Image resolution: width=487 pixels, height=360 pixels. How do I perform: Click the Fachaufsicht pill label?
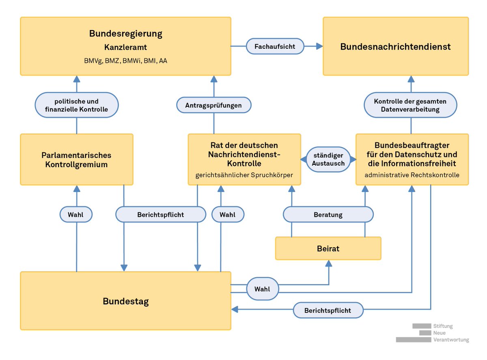tap(275, 46)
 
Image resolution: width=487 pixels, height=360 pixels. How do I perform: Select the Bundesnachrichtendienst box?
tap(396, 46)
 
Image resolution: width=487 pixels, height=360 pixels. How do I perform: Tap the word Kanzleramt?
tap(125, 47)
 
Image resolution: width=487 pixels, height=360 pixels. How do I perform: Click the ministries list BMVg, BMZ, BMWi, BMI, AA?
tap(125, 60)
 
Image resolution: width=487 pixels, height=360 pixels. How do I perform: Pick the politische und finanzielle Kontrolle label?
tap(77, 105)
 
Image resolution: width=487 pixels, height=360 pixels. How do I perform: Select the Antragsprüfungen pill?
tap(213, 105)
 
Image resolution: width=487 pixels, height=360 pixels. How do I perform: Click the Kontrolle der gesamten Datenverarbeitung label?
tap(410, 105)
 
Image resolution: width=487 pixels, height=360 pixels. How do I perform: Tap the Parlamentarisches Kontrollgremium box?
tap(77, 160)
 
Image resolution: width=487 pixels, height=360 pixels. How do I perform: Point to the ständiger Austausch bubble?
tap(328, 160)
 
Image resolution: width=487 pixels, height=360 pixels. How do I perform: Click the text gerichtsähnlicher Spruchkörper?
tap(244, 175)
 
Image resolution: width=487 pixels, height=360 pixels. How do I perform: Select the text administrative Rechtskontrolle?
tap(412, 175)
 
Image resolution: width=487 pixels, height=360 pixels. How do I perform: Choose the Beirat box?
tap(328, 248)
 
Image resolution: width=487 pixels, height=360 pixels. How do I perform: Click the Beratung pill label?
tap(328, 214)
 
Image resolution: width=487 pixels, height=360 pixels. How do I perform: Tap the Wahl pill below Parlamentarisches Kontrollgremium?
tap(76, 214)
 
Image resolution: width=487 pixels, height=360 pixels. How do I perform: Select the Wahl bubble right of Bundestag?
tap(263, 289)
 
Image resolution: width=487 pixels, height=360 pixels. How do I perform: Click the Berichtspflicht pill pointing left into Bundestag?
tap(328, 310)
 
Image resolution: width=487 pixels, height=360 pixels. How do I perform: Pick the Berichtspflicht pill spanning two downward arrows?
tap(161, 214)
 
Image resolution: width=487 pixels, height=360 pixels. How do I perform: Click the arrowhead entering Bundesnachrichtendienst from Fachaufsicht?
tap(320, 46)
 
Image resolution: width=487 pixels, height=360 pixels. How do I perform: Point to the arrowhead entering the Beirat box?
tap(328, 263)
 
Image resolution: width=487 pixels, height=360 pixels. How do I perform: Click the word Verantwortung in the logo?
tap(451, 340)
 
